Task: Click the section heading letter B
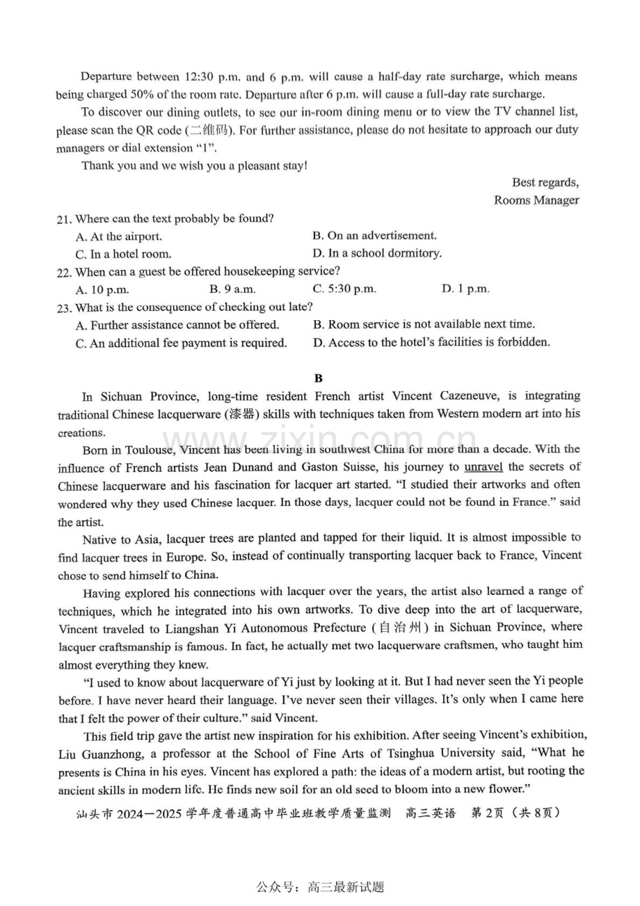pos(319,379)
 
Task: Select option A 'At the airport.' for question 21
pos(118,237)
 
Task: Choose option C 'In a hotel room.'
pos(123,255)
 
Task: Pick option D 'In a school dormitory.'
pos(377,253)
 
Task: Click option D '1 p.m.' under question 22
pos(465,289)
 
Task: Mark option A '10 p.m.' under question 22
pos(102,289)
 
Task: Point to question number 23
pos(64,308)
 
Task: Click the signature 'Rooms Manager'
pos(536,200)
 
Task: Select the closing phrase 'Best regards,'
pos(545,182)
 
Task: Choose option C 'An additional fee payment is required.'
pos(181,343)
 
